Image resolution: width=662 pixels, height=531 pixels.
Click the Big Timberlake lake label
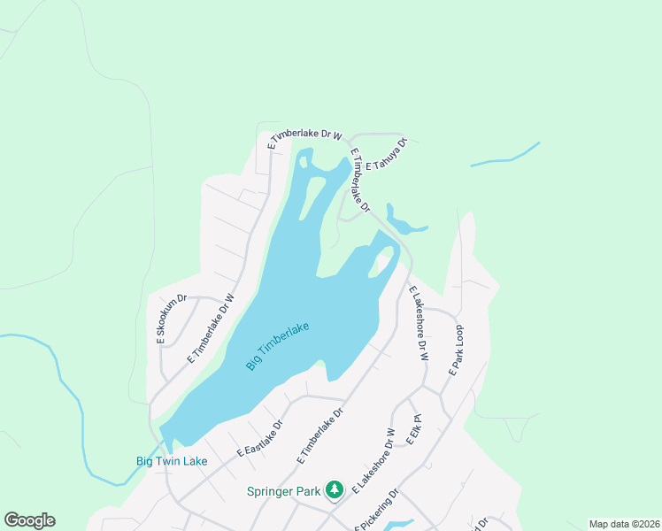tap(278, 347)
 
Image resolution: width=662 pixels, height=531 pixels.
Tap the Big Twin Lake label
tap(172, 461)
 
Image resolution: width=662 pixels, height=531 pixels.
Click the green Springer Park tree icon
tap(335, 489)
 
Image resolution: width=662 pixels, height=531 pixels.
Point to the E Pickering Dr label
tap(376, 511)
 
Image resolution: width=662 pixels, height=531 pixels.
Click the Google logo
tap(29, 520)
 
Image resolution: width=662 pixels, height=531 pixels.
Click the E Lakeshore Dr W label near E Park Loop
tap(418, 323)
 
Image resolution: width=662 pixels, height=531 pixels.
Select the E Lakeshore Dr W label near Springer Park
tap(373, 461)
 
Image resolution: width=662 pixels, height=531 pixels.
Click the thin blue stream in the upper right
tap(504, 157)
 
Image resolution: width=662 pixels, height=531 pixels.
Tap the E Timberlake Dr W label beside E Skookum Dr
tap(211, 329)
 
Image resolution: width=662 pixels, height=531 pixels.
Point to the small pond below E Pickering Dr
tap(398, 526)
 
